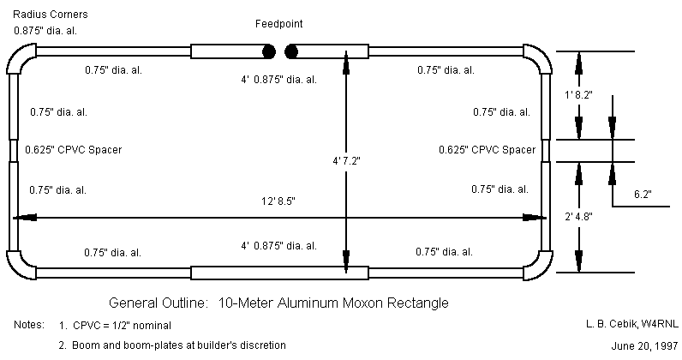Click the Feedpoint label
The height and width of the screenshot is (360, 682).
click(278, 24)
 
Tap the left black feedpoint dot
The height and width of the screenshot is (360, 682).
click(269, 51)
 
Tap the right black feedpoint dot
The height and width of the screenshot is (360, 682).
click(291, 51)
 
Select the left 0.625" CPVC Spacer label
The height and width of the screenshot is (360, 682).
click(74, 149)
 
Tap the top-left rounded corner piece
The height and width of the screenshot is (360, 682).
click(21, 58)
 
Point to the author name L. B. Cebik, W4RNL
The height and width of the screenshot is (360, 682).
click(618, 323)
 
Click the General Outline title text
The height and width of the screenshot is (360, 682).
click(278, 303)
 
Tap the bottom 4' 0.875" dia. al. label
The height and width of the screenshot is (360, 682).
click(279, 249)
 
